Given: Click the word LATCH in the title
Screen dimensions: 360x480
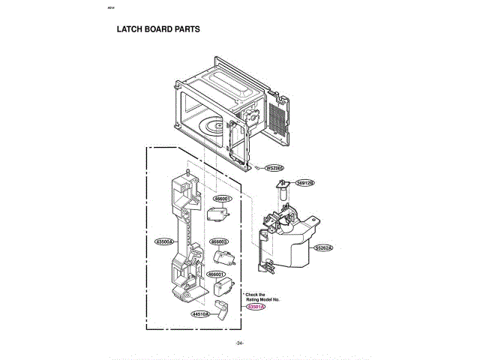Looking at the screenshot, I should coord(130,31).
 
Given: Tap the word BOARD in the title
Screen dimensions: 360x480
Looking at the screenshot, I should coord(157,31).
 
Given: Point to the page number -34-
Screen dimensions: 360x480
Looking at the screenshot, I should coord(239,343).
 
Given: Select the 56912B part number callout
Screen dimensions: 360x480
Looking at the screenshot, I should coord(304,182).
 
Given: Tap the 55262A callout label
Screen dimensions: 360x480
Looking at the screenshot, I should coord(323,247).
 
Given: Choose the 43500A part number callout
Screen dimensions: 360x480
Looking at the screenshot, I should coord(164,242).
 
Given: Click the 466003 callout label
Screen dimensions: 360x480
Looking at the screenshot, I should coord(219,241).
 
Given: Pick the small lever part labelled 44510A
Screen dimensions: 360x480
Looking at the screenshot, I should coord(221,309).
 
